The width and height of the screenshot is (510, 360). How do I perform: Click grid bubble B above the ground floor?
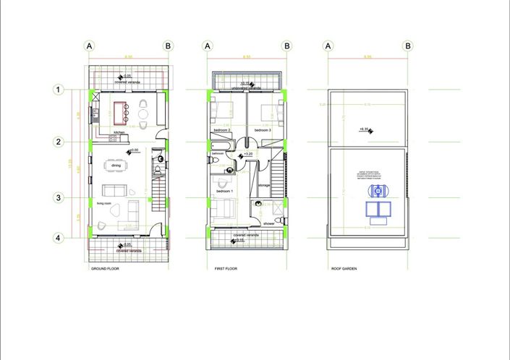click(x=168, y=46)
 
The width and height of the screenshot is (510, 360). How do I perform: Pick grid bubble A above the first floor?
click(x=208, y=46)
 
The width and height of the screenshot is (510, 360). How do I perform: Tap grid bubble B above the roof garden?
click(x=409, y=46)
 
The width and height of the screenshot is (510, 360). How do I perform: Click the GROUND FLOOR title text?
click(x=105, y=269)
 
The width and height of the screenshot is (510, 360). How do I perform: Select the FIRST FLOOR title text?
click(x=226, y=269)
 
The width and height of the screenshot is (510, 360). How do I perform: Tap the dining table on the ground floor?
click(x=116, y=166)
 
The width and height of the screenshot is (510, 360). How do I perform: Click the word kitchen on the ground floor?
click(x=119, y=133)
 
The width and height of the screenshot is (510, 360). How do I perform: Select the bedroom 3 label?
click(x=262, y=130)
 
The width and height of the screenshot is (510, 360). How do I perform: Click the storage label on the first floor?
click(x=264, y=185)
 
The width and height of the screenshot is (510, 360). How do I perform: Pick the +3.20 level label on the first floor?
click(x=247, y=154)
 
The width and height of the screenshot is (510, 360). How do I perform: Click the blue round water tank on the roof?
click(x=378, y=191)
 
